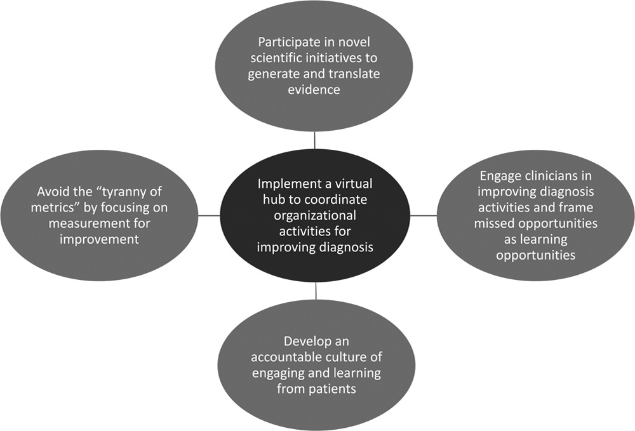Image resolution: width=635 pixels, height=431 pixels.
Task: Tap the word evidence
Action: [314, 90]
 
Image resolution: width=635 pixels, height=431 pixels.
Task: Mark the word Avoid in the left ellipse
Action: [52, 191]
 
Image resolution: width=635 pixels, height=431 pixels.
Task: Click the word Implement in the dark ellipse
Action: [288, 185]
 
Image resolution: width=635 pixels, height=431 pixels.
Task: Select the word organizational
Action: [315, 215]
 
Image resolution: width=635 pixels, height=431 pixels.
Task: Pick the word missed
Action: [492, 224]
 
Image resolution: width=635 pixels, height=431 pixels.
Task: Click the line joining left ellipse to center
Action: [210, 216]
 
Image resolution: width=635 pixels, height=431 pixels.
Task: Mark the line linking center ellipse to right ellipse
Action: [424, 216]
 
